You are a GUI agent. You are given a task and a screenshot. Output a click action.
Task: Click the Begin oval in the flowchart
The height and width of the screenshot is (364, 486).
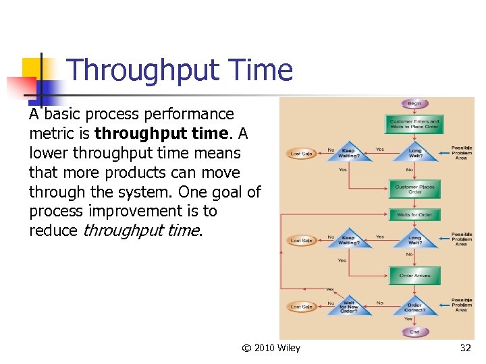(x=414, y=104)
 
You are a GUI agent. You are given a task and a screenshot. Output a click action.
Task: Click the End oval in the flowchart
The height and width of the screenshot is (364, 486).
(x=414, y=332)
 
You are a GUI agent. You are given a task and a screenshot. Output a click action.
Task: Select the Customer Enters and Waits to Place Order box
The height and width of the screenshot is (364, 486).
(x=414, y=125)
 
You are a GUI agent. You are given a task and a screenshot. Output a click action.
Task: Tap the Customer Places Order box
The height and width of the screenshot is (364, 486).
(x=414, y=189)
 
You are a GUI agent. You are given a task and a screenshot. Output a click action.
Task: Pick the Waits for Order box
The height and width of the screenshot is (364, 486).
(x=414, y=215)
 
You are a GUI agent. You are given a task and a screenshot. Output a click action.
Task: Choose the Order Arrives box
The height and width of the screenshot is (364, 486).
(x=414, y=275)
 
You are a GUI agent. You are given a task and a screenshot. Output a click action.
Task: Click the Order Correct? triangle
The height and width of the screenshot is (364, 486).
(x=414, y=307)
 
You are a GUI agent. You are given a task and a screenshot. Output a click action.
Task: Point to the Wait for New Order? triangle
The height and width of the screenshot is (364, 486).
(x=348, y=307)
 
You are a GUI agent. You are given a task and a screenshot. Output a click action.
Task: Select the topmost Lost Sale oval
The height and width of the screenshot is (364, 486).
(x=301, y=154)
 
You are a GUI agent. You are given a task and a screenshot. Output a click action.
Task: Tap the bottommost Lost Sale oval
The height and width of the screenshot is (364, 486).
(x=301, y=307)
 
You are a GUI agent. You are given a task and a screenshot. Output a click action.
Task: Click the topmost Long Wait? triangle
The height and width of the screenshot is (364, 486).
(x=414, y=152)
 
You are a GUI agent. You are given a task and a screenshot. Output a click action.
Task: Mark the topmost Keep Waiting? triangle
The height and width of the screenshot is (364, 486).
(x=348, y=152)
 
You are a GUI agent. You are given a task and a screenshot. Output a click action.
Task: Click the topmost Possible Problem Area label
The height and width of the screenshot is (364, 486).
(x=461, y=152)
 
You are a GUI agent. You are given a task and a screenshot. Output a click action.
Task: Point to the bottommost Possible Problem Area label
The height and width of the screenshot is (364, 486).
(x=461, y=305)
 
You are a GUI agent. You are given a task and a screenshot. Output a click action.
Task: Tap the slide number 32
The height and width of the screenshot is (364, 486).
(x=465, y=348)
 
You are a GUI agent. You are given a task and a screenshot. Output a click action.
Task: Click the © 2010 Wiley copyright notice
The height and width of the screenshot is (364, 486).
(x=271, y=348)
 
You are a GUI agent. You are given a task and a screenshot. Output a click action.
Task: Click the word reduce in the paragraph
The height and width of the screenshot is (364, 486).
(x=53, y=231)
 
